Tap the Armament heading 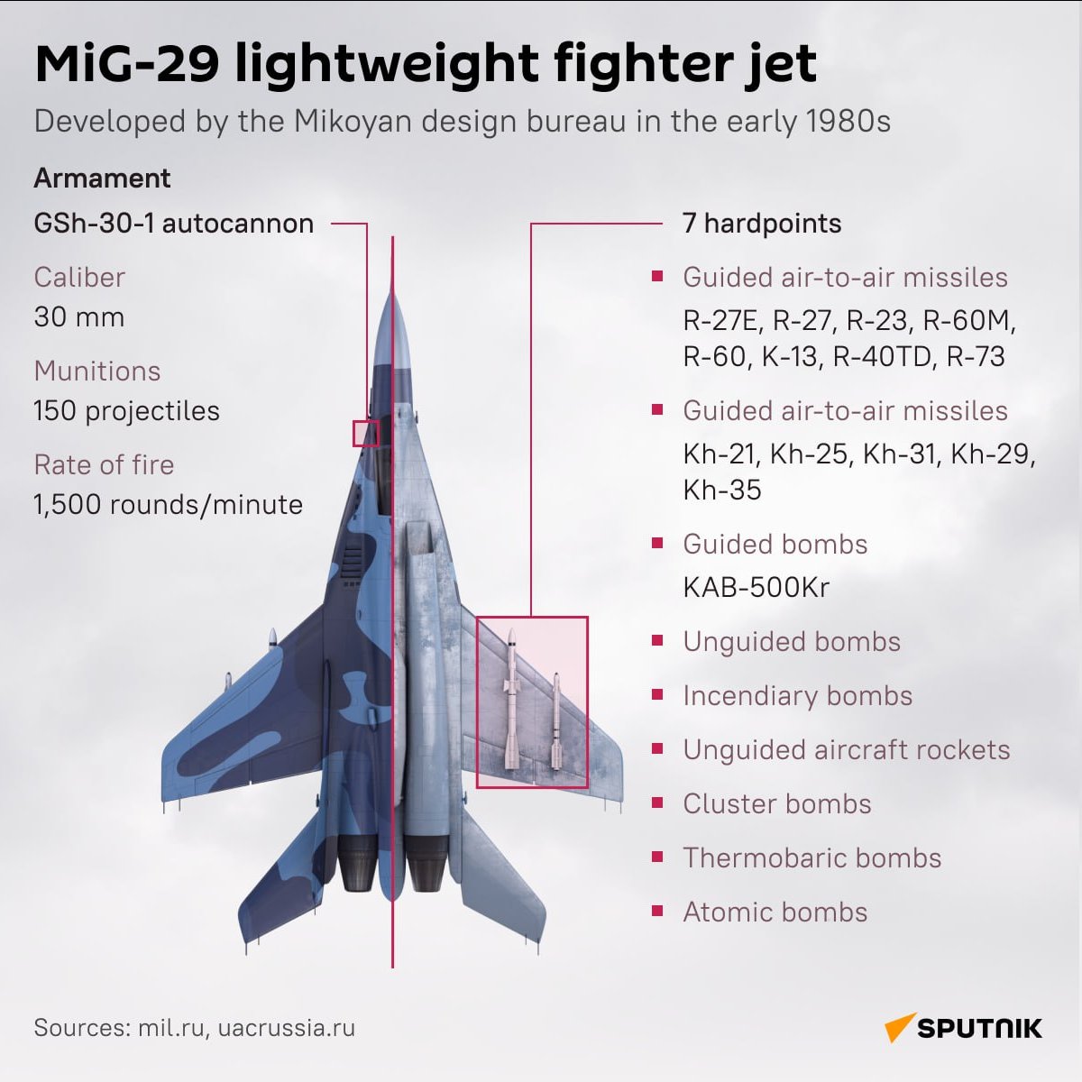click(102, 179)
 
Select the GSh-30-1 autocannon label click(173, 224)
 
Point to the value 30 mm click(78, 317)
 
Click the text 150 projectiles click(126, 411)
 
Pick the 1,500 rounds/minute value click(168, 505)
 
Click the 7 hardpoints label click(762, 224)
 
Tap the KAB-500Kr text click(756, 588)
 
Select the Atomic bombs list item click(775, 912)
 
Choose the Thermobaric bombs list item click(811, 858)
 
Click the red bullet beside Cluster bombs click(658, 802)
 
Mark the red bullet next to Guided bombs click(658, 543)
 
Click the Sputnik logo click(963, 1028)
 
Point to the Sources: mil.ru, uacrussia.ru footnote click(194, 1028)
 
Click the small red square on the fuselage click(365, 434)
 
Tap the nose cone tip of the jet click(392, 293)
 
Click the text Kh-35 click(722, 491)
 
